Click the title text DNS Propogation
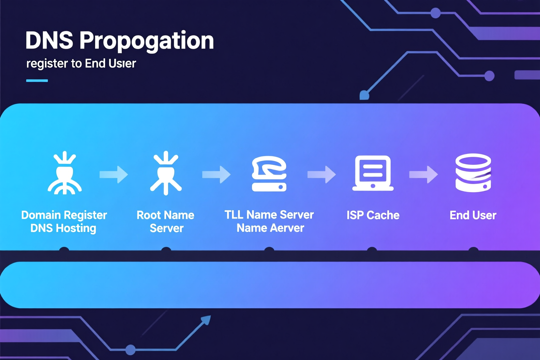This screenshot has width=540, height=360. pos(119,41)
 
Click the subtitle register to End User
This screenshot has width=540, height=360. pos(81,64)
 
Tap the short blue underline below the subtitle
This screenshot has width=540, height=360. pos(37,80)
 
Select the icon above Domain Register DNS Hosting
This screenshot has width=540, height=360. pos(65,172)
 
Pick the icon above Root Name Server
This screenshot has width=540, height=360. pos(166,172)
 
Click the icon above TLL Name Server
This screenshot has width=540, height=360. pos(269,174)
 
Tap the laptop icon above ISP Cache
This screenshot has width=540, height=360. pos(373,173)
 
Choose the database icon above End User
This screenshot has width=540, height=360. pos(473,172)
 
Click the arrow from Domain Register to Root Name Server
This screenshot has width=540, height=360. pos(114,174)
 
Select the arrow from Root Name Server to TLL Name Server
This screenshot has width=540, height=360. pos(216,174)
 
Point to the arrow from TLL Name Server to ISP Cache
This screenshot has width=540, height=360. pos(321,174)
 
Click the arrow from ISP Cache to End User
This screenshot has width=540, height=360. pos(423,174)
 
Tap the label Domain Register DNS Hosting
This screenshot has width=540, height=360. pos(64,222)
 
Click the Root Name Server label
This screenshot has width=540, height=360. pos(166,222)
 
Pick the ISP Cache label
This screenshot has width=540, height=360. pos(373,215)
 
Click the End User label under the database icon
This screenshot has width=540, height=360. pos(473,215)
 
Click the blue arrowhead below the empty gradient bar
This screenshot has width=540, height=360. pos(206,320)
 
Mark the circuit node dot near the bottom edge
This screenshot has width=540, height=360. pos(131,350)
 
